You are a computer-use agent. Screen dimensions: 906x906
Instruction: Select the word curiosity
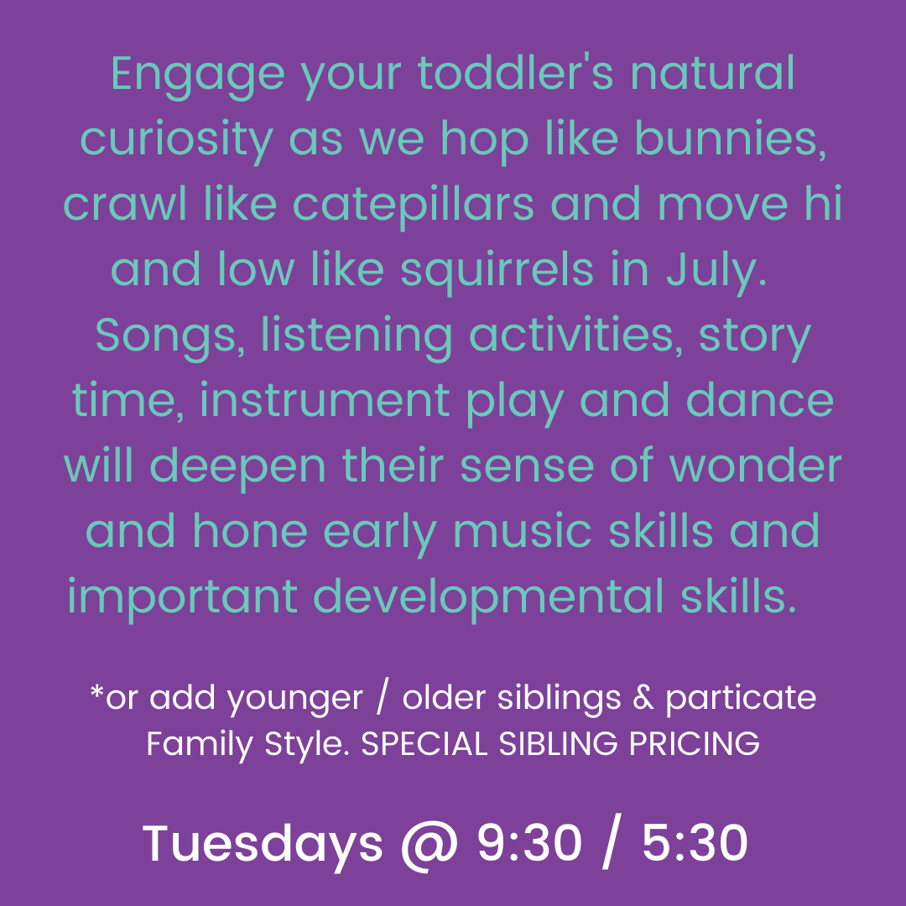pos(176,142)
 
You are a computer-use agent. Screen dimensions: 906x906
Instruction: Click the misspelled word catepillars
pos(413,206)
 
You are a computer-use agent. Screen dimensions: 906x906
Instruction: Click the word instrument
pos(325,400)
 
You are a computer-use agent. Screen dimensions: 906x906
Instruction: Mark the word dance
pos(759,400)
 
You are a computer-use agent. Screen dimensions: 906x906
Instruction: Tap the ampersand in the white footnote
pos(643,698)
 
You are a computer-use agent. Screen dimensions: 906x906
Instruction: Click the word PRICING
pos(694,743)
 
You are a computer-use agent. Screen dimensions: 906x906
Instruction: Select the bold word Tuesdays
pos(263,845)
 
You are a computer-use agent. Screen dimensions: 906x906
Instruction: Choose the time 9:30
pos(530,843)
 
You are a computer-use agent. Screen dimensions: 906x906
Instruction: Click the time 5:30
pos(695,843)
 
